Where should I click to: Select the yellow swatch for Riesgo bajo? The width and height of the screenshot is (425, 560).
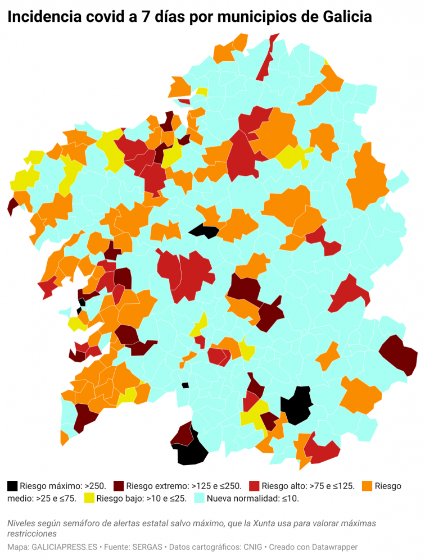89,498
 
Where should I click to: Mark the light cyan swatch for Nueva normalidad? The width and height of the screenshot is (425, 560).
199,498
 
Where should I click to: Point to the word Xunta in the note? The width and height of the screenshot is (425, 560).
260,523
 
